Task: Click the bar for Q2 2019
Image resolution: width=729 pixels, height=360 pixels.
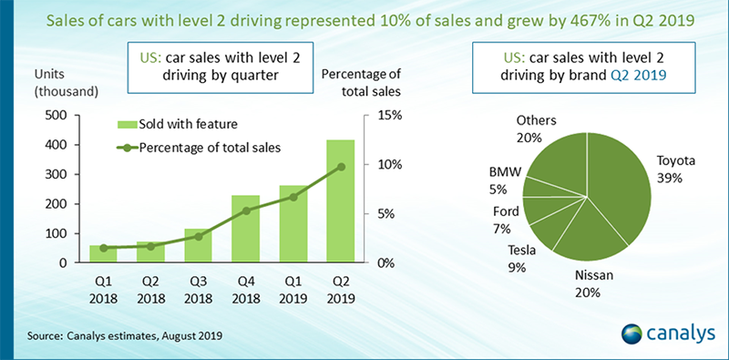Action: pyautogui.click(x=340, y=201)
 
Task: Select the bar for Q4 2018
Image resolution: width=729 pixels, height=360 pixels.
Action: pyautogui.click(x=245, y=229)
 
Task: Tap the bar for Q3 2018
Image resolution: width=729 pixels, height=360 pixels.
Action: pyautogui.click(x=198, y=245)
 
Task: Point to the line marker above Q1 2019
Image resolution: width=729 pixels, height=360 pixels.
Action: pyautogui.click(x=293, y=197)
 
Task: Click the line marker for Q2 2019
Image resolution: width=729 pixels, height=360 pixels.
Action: pyautogui.click(x=341, y=167)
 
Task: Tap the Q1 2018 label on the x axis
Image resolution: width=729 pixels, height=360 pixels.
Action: pyautogui.click(x=103, y=289)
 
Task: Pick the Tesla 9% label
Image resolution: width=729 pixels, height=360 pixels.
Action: pyautogui.click(x=520, y=259)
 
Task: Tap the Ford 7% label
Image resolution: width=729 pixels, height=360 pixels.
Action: pyautogui.click(x=506, y=220)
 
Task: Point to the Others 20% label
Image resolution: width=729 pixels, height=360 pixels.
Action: pyautogui.click(x=536, y=129)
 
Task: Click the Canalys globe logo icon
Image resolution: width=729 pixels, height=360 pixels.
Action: pyautogui.click(x=631, y=334)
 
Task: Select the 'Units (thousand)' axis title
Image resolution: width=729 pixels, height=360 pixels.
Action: pyautogui.click(x=66, y=83)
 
